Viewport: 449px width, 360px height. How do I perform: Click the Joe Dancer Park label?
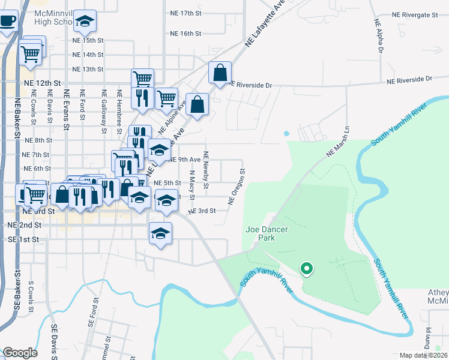click(x=260, y=233)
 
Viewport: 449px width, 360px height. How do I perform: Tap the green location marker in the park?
click(x=307, y=269)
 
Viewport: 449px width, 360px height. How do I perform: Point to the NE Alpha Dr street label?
click(x=379, y=36)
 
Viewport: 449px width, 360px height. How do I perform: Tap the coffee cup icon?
click(x=7, y=22)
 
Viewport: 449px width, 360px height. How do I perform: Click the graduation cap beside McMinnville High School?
click(x=85, y=22)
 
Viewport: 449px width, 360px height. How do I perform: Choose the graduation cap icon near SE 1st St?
click(x=160, y=234)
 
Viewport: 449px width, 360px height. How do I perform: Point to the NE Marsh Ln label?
click(x=338, y=143)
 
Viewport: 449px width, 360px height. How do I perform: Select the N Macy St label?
click(x=192, y=185)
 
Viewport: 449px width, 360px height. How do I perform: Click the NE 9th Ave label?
click(x=184, y=160)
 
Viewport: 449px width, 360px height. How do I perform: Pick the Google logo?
click(x=20, y=353)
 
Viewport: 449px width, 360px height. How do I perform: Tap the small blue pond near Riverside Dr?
click(x=286, y=133)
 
